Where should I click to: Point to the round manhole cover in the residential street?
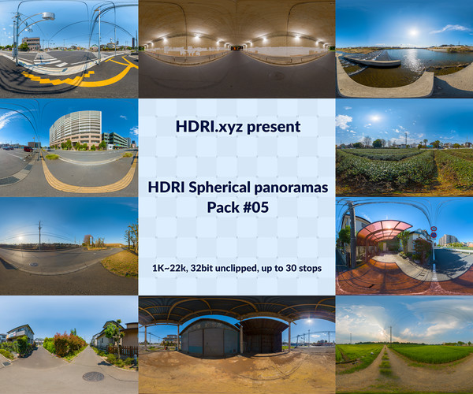click(93, 376)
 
